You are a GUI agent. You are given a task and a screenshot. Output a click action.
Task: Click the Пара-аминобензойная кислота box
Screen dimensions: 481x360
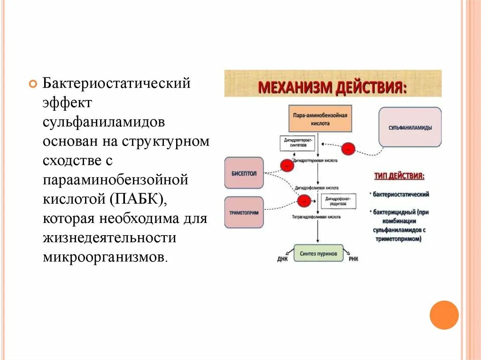(319, 118)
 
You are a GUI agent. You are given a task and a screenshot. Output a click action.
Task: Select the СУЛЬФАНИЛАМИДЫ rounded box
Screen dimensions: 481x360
(410, 127)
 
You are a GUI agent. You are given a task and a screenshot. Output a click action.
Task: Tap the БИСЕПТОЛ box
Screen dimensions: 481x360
(244, 173)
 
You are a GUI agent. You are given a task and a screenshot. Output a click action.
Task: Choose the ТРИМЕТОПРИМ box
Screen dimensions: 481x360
(244, 213)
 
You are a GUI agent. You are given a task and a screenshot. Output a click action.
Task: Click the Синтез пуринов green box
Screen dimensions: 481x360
(318, 253)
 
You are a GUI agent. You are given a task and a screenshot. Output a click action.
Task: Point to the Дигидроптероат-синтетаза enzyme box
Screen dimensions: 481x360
(297, 143)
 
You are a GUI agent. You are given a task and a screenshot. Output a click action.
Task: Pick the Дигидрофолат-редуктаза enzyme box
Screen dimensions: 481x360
(338, 202)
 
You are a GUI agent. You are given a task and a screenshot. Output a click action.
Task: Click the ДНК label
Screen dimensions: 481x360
(282, 259)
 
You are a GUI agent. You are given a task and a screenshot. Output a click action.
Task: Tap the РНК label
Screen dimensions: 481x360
(353, 259)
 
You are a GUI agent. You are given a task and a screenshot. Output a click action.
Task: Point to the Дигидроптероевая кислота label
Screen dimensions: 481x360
(316, 160)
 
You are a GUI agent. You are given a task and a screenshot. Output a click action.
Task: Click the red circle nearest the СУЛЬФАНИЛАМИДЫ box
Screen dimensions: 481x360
(348, 149)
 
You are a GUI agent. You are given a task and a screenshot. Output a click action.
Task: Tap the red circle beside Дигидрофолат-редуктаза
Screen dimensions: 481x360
(303, 201)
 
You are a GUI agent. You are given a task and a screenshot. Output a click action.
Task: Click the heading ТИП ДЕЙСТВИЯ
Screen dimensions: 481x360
(399, 176)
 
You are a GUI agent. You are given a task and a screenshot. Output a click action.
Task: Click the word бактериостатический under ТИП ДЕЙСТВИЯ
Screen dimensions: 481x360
(402, 194)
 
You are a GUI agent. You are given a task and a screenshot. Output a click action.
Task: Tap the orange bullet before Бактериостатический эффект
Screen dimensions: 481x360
(32, 84)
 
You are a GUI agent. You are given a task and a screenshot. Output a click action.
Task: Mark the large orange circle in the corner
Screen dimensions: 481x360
(444, 314)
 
